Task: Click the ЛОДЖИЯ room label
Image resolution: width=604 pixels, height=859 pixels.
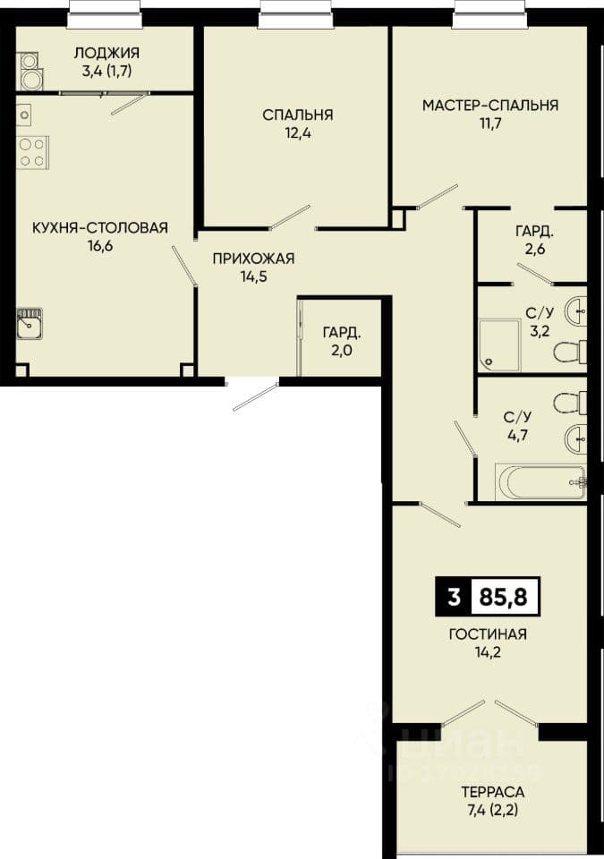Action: tap(106, 53)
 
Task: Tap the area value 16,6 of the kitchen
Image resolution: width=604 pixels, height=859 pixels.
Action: tap(99, 245)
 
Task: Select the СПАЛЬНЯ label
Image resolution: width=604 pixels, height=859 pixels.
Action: tap(298, 115)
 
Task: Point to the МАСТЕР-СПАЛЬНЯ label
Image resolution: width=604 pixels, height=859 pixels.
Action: tap(490, 105)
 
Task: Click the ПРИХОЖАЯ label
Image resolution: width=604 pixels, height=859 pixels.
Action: tap(253, 258)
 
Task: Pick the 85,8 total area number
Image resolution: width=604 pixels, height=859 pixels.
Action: tap(503, 597)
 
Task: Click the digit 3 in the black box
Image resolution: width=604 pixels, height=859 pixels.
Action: tap(453, 597)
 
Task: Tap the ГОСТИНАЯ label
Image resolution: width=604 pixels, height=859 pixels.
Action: tap(488, 634)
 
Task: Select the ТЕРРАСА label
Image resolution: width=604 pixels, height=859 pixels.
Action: tap(492, 792)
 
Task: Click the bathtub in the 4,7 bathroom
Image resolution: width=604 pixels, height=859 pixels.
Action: tap(540, 481)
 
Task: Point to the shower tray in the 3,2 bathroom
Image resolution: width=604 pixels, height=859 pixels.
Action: tap(500, 344)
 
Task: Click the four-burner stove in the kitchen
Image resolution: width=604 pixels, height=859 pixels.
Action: tap(32, 152)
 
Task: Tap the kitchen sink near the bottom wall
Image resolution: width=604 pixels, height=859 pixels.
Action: tap(29, 324)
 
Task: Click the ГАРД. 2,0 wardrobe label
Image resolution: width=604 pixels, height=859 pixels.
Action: tap(342, 341)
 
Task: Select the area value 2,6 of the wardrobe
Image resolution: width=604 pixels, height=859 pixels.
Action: tap(534, 250)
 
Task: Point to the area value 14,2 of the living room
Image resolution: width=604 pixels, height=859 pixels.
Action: tap(488, 652)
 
